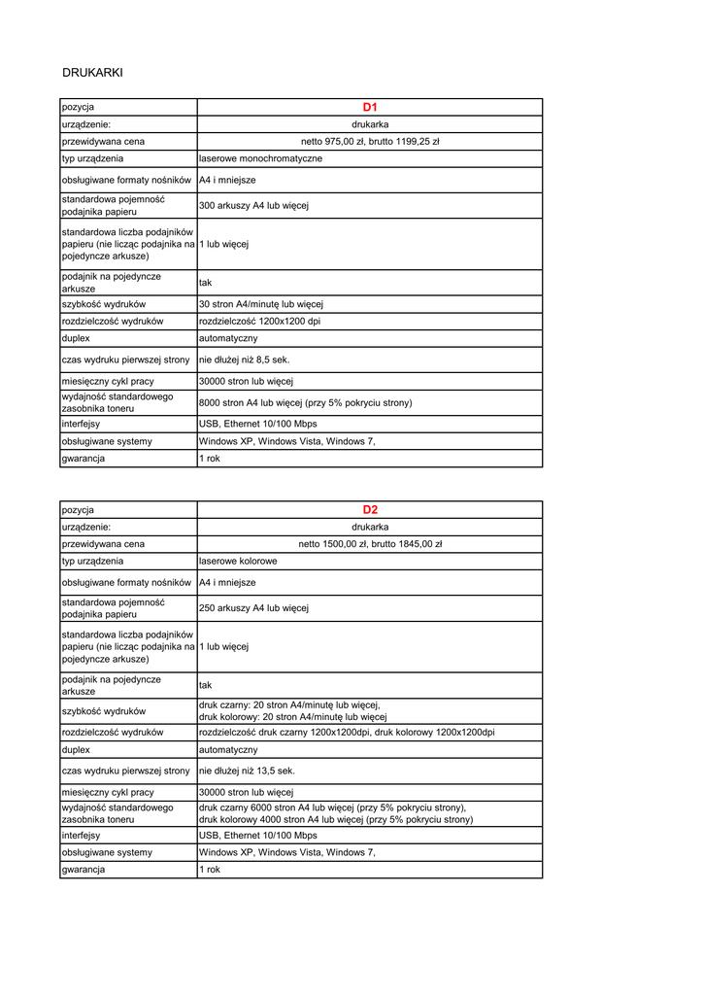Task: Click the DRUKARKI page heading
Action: (92, 72)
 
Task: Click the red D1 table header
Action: (369, 107)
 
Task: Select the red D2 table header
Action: (370, 509)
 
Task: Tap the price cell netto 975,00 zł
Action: (370, 141)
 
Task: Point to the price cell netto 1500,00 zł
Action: (370, 544)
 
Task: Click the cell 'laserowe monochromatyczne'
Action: (260, 157)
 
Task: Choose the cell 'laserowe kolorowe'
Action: (238, 561)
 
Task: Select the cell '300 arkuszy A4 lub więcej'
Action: (253, 206)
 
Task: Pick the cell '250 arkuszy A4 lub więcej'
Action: (253, 608)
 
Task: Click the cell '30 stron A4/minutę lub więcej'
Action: (260, 304)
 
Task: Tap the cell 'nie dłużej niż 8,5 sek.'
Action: (245, 360)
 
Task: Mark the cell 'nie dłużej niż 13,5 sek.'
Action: (247, 771)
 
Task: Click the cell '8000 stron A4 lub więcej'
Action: (305, 402)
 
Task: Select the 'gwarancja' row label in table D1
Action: (84, 458)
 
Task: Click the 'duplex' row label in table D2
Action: (76, 750)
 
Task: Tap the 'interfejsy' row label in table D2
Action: (81, 835)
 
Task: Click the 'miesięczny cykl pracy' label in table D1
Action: (108, 382)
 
